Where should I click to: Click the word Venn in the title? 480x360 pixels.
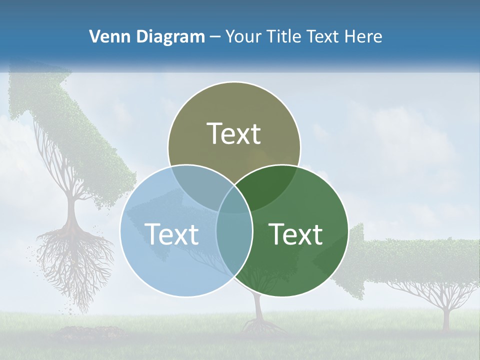click(105, 36)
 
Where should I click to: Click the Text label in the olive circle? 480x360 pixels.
click(234, 133)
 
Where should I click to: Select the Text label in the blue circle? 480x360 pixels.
click(171, 234)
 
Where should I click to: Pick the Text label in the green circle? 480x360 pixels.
click(296, 234)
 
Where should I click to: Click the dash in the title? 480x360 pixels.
click(215, 37)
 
